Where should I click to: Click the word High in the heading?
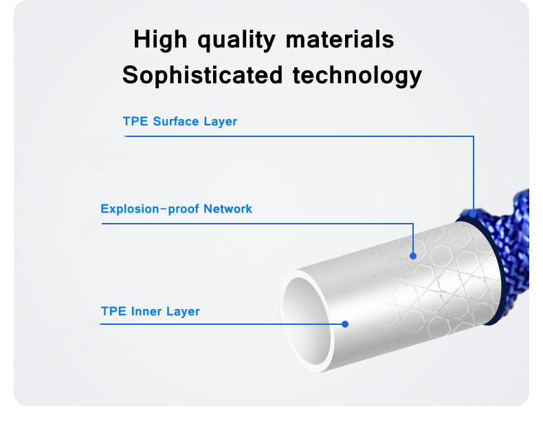[160, 39]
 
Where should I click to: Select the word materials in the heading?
[340, 39]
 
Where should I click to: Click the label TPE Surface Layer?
[179, 122]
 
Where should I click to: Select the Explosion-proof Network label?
[176, 209]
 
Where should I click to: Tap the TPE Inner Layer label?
[150, 311]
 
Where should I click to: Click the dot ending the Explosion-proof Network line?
[413, 256]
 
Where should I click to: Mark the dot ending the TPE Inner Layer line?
[346, 323]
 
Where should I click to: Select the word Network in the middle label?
[228, 209]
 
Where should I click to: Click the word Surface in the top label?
[177, 122]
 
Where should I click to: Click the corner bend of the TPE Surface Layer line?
[474, 136]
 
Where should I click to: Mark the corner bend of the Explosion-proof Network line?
[413, 223]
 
